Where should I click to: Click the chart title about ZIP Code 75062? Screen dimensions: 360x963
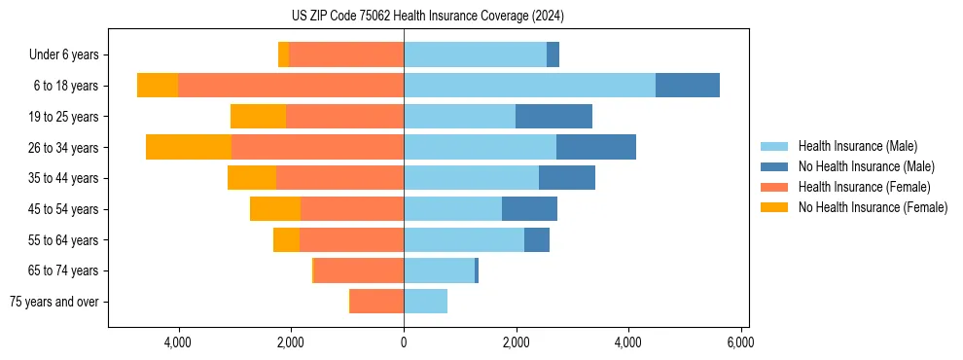point(427,17)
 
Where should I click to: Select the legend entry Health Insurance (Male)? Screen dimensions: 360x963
point(856,146)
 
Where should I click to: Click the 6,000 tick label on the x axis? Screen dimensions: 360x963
point(740,342)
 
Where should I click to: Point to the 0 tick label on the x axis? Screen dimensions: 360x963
point(404,342)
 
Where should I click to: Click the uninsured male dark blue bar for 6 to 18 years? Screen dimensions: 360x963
point(687,86)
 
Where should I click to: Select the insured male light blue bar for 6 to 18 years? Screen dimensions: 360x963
point(529,86)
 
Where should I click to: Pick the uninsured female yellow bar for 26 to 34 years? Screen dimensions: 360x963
point(189,147)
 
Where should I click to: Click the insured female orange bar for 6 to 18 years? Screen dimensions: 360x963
point(291,86)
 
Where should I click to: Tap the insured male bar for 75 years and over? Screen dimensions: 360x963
point(425,302)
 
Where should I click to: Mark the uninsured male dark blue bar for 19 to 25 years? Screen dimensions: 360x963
point(553,117)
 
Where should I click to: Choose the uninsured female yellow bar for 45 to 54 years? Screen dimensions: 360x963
point(275,209)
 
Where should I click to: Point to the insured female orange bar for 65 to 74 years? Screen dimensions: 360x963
point(359,270)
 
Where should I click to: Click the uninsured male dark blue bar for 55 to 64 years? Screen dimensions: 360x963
point(537,239)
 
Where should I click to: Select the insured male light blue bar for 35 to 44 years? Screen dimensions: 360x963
point(471,178)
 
